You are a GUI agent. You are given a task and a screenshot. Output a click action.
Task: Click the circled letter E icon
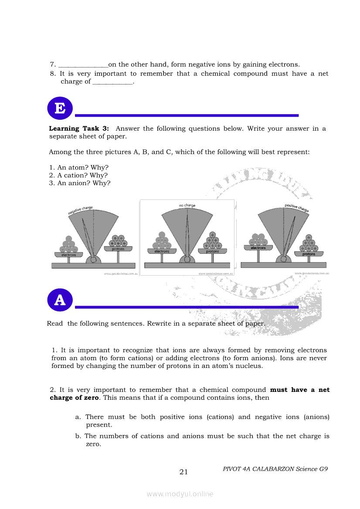click(x=60, y=108)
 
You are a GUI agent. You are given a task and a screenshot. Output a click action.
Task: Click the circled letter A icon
click(x=60, y=300)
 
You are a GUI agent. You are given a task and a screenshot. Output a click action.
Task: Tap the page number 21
click(x=183, y=472)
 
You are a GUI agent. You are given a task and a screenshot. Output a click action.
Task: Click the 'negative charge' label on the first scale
click(x=80, y=211)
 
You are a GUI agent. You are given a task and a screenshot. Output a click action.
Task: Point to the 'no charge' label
click(x=187, y=205)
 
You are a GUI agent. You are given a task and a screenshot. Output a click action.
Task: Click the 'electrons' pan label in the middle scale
click(x=162, y=251)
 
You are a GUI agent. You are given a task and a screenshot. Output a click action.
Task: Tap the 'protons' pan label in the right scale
click(x=309, y=254)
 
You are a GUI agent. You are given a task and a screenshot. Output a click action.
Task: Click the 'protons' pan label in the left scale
click(x=118, y=249)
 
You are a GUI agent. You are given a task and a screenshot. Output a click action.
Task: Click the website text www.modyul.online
click(x=180, y=494)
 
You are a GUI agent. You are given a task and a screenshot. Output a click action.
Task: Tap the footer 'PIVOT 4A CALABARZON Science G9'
click(x=275, y=469)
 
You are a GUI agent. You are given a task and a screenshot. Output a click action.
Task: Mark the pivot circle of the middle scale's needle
click(x=187, y=260)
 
